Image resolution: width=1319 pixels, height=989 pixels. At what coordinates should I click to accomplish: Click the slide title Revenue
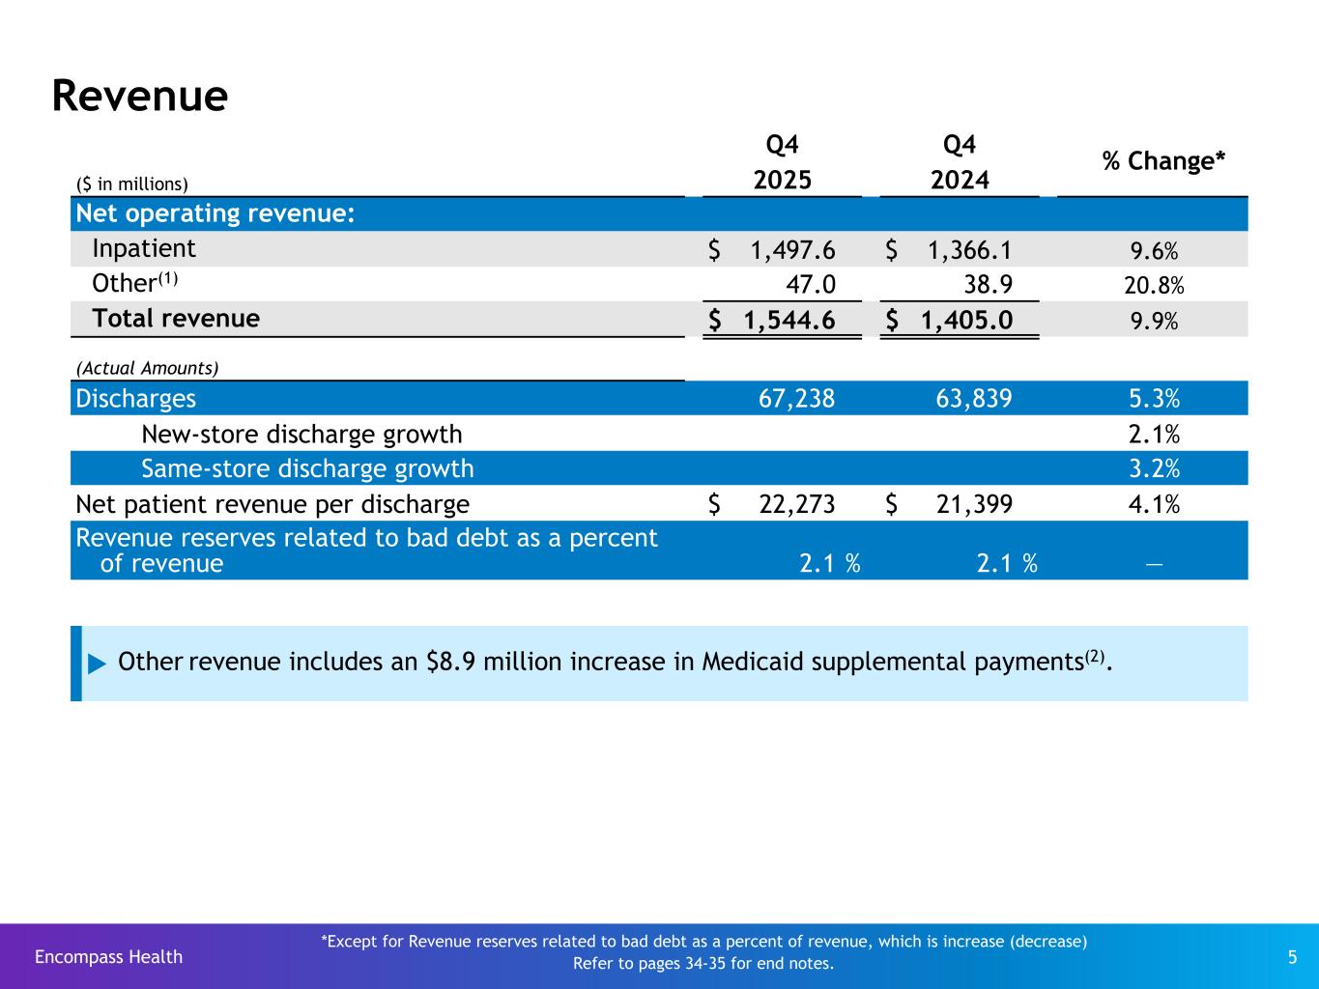click(x=140, y=96)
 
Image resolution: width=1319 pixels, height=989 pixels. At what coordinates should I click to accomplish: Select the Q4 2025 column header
click(x=782, y=162)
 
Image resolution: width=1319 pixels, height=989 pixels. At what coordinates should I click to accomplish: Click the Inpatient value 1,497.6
click(x=792, y=250)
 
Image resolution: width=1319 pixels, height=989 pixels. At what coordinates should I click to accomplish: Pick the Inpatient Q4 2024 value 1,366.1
click(x=969, y=250)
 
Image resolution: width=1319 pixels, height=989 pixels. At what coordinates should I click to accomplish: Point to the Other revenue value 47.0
click(x=811, y=284)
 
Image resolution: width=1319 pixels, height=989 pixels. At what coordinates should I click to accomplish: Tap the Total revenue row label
click(x=175, y=319)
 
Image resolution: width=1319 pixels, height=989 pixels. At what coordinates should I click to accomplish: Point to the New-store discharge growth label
click(x=301, y=435)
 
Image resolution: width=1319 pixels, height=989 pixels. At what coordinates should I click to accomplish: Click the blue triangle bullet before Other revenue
click(x=97, y=664)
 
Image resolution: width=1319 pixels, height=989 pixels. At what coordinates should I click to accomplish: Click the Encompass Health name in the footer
click(x=108, y=957)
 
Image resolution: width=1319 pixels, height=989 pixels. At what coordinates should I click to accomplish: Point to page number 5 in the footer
click(x=1293, y=957)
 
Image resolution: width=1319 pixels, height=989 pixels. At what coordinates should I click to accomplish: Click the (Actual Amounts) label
click(x=147, y=368)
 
